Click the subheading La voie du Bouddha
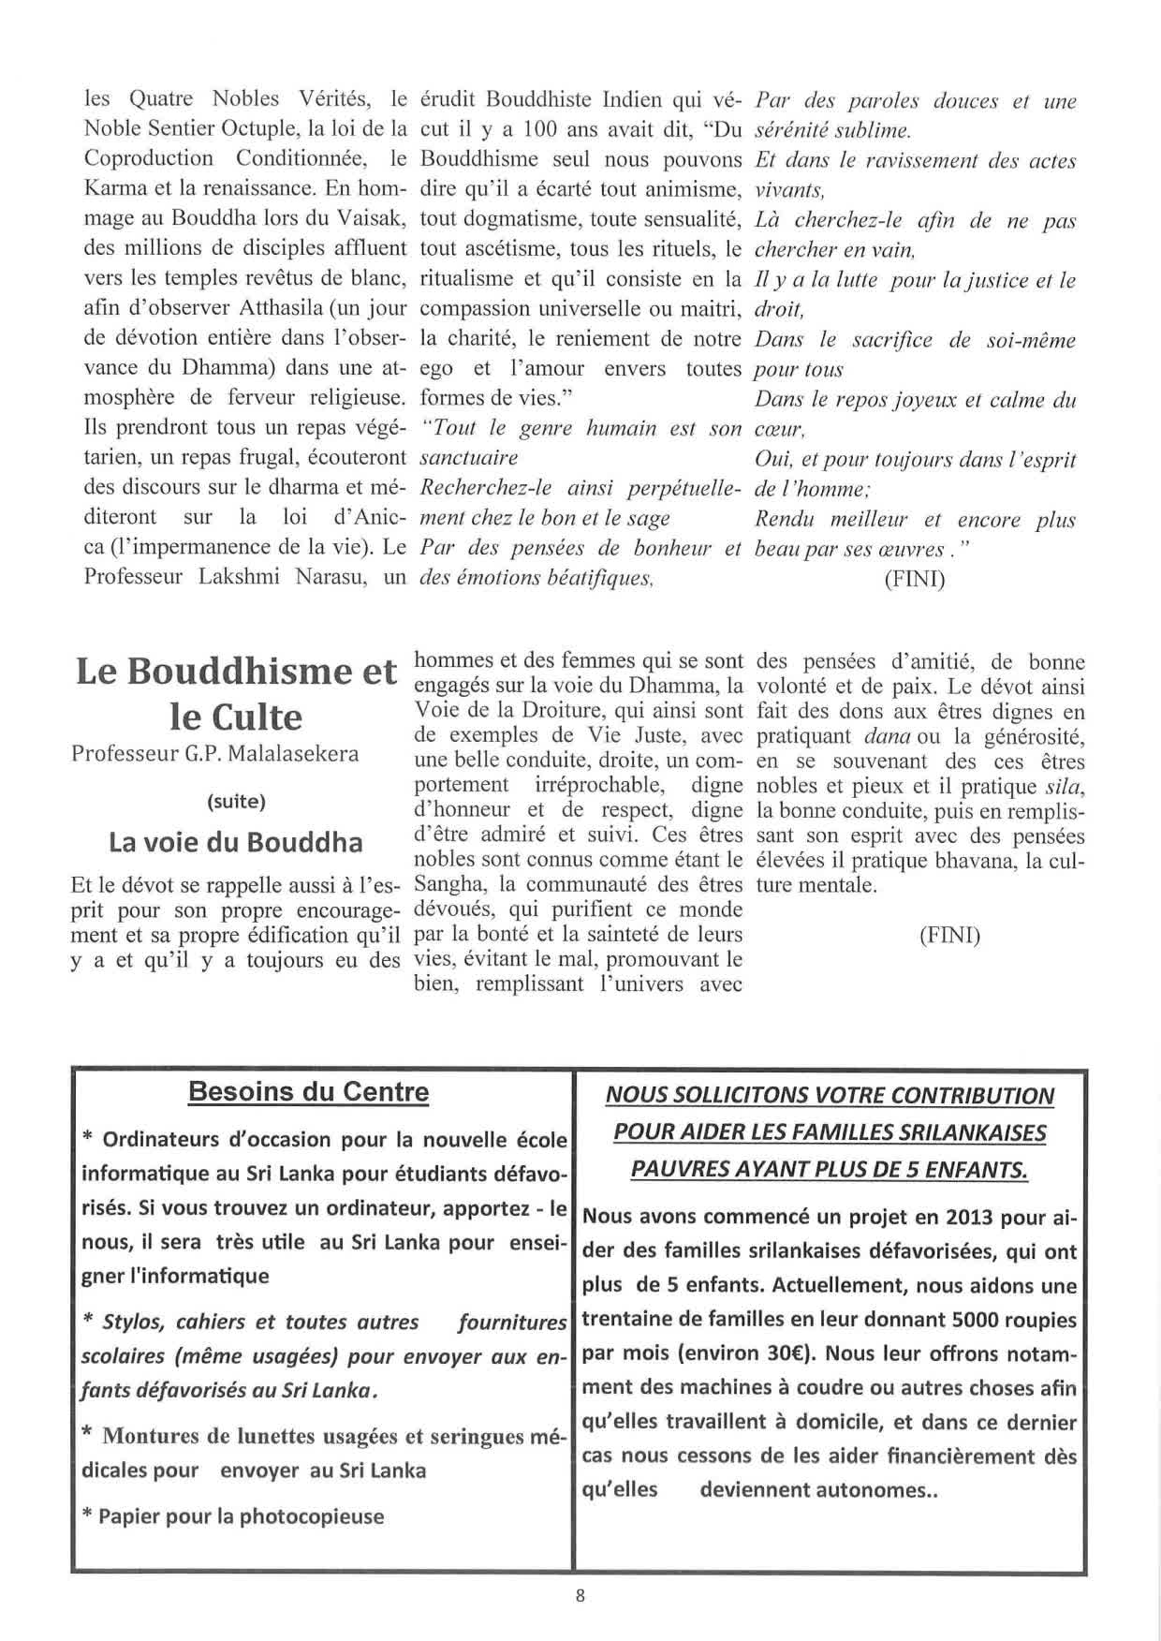pyautogui.click(x=236, y=842)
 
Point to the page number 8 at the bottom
pyautogui.click(x=580, y=1597)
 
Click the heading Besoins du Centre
pyautogui.click(x=309, y=1092)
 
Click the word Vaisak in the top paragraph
pyautogui.click(x=374, y=218)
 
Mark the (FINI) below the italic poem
pyautogui.click(x=915, y=580)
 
